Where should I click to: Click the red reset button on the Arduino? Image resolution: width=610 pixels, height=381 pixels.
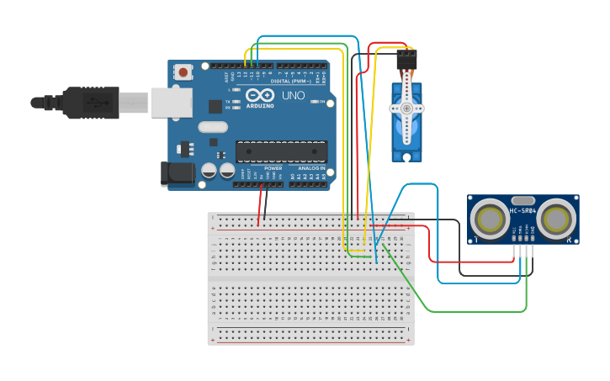click(183, 73)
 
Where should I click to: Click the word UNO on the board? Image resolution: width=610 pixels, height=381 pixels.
click(294, 96)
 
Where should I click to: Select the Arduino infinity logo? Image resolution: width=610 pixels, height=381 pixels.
click(260, 95)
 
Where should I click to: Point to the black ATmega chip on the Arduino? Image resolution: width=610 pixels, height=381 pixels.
click(280, 151)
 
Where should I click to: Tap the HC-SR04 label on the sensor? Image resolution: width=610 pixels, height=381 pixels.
click(522, 210)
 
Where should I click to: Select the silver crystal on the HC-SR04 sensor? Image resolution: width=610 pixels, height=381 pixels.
click(522, 200)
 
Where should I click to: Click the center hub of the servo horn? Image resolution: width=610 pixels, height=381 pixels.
click(407, 108)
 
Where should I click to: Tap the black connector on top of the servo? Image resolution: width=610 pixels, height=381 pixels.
click(406, 59)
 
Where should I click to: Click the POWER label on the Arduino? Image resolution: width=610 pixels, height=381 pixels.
click(273, 167)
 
